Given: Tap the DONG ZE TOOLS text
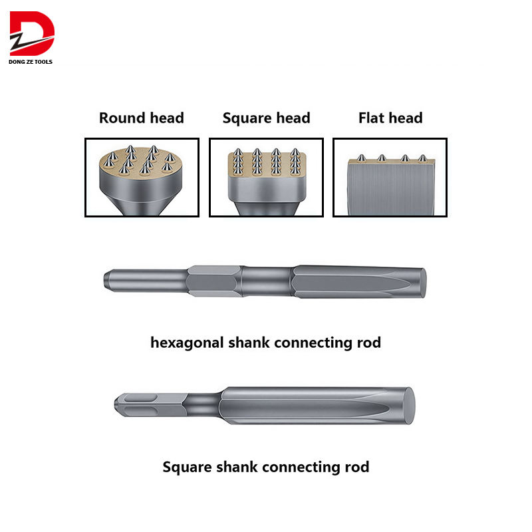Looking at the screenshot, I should click(x=31, y=62).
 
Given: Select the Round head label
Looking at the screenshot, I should click(x=141, y=118).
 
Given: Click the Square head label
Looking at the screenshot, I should click(x=266, y=118).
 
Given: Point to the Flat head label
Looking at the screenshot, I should click(x=390, y=118).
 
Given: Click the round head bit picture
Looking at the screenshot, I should click(x=142, y=177).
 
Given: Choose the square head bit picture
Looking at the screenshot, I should click(x=266, y=177).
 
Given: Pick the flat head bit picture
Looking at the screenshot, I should click(x=390, y=177).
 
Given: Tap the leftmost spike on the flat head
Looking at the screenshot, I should click(x=360, y=158).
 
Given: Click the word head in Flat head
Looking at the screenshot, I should click(x=406, y=118).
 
